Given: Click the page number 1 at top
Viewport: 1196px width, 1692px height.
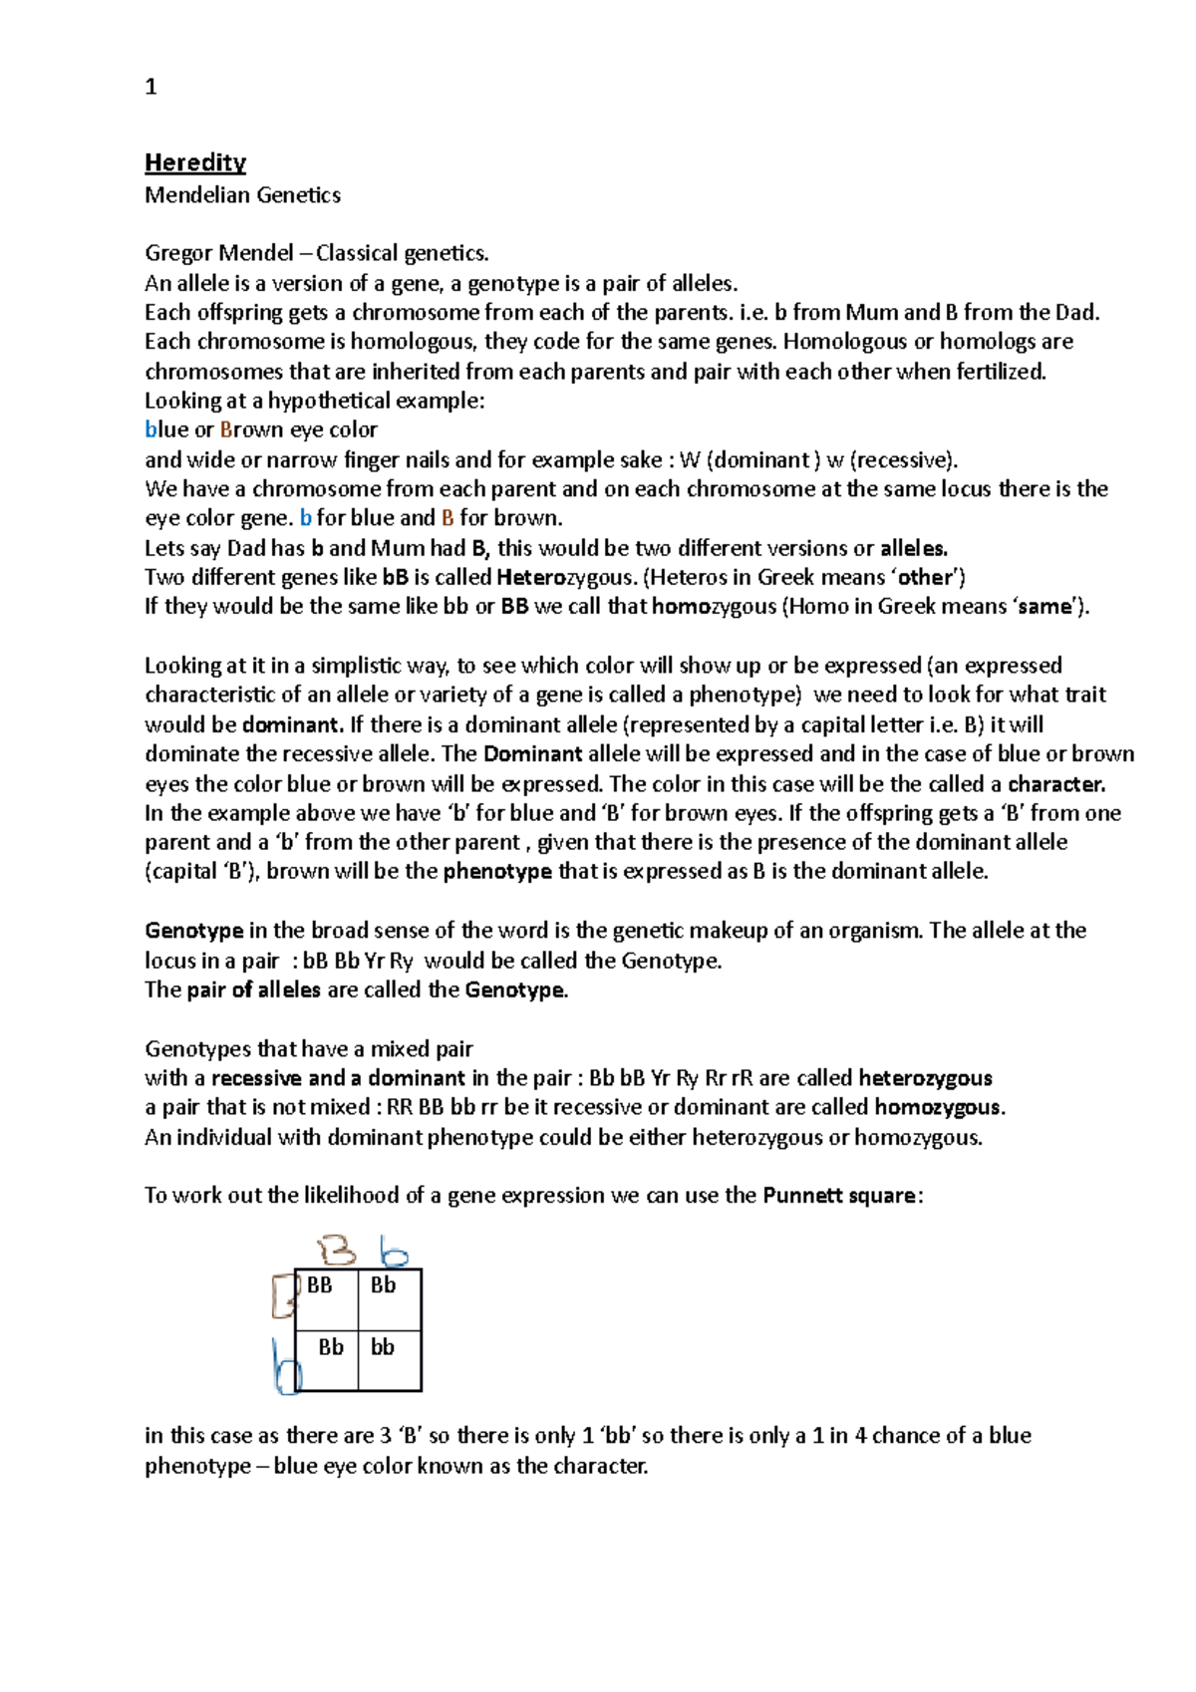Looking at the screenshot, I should coord(150,88).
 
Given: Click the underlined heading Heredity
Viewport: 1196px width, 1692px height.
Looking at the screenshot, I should coord(195,162).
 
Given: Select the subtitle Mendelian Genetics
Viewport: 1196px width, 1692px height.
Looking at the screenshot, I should coord(242,195).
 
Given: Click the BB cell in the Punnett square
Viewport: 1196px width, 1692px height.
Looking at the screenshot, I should coord(320,1285).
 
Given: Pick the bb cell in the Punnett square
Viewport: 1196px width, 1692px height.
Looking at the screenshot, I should coord(383,1347).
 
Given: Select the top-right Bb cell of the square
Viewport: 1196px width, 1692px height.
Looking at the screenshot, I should coord(383,1285).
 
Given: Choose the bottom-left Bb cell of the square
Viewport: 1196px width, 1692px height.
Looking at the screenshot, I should coord(331,1347).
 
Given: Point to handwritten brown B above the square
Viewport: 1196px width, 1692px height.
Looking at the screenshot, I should coord(337,1251).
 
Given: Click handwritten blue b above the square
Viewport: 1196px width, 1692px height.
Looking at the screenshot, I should coord(394,1252).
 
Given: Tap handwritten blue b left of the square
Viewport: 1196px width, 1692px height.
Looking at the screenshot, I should coord(286,1368).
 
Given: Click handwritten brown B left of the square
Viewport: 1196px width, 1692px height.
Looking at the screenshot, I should coord(283,1295).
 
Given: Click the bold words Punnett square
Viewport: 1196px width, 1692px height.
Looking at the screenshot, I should coord(838,1196).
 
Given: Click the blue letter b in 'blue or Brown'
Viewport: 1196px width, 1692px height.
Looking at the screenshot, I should coord(150,430).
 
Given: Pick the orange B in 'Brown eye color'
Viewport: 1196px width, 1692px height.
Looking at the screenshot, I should coord(226,430).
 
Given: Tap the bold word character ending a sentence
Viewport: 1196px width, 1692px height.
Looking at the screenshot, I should coord(1056,784).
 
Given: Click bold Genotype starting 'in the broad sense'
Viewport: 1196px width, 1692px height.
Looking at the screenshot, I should coord(194,931).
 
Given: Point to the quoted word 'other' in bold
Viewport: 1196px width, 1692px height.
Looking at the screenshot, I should coord(926,577).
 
